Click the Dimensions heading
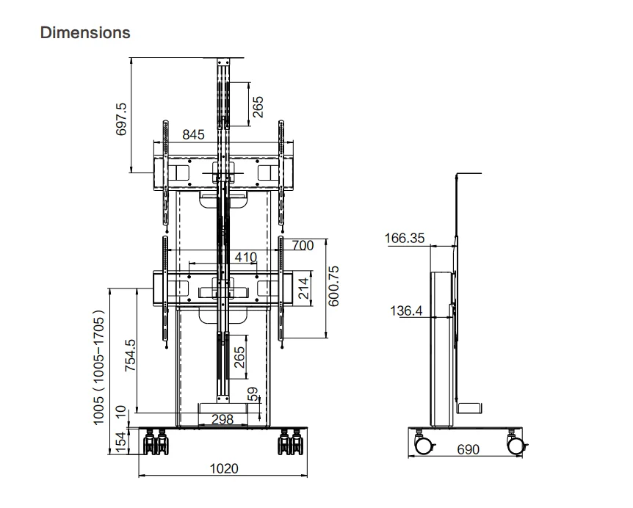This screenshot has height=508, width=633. pyautogui.click(x=86, y=33)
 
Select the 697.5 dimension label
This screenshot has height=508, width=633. pyautogui.click(x=122, y=118)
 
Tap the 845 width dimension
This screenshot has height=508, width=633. pyautogui.click(x=194, y=134)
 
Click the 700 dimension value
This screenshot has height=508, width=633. pyautogui.click(x=303, y=246)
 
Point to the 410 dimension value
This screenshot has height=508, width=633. pyautogui.click(x=245, y=257)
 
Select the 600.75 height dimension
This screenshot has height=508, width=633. pyautogui.click(x=334, y=286)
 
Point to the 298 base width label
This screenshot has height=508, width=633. pyautogui.click(x=222, y=420)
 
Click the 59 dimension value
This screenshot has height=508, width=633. pyautogui.click(x=254, y=394)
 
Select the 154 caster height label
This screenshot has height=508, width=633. pyautogui.click(x=122, y=443)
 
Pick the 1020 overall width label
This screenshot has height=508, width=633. pyautogui.click(x=224, y=468)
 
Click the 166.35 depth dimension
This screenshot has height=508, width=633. pyautogui.click(x=405, y=238)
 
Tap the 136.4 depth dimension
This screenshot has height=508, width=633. pyautogui.click(x=405, y=311)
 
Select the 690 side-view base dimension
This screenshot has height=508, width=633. pyautogui.click(x=469, y=449)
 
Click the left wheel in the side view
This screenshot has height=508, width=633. pyautogui.click(x=423, y=445)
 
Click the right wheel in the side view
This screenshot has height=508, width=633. pyautogui.click(x=516, y=445)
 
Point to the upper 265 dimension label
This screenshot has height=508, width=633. pyautogui.click(x=258, y=106)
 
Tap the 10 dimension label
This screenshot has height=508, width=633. pyautogui.click(x=122, y=413)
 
